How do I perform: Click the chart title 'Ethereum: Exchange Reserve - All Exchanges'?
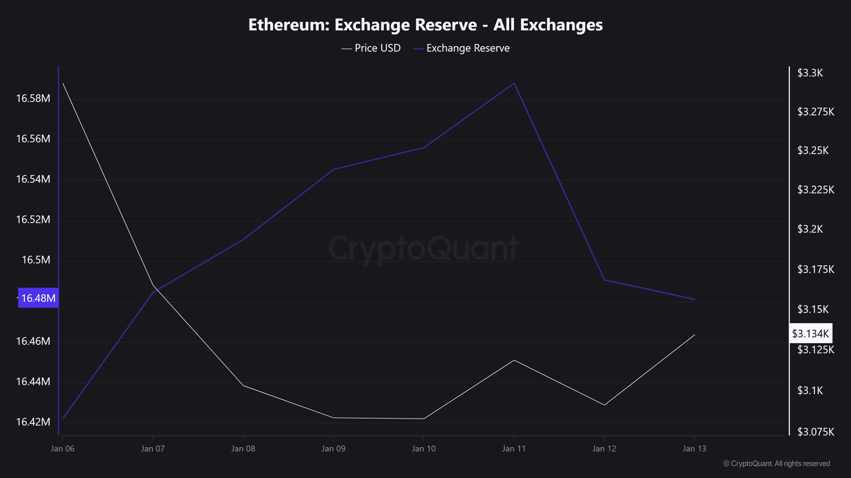click(425, 25)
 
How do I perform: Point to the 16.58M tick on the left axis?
click(33, 98)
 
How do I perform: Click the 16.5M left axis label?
click(36, 260)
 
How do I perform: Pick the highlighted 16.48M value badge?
click(38, 298)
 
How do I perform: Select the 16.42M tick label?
click(33, 422)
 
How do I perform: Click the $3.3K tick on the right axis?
click(810, 73)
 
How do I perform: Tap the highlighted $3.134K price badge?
click(810, 334)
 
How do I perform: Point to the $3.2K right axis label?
click(810, 229)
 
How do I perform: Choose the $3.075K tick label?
click(815, 432)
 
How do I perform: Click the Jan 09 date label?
click(333, 449)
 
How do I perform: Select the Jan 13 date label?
click(695, 449)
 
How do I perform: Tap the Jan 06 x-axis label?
click(63, 449)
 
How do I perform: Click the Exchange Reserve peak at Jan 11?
click(514, 83)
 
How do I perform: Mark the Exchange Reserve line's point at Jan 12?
click(604, 279)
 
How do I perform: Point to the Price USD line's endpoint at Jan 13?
click(695, 335)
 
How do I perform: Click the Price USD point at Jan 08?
click(243, 385)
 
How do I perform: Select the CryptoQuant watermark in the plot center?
click(423, 249)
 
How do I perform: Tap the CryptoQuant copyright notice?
click(777, 464)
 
